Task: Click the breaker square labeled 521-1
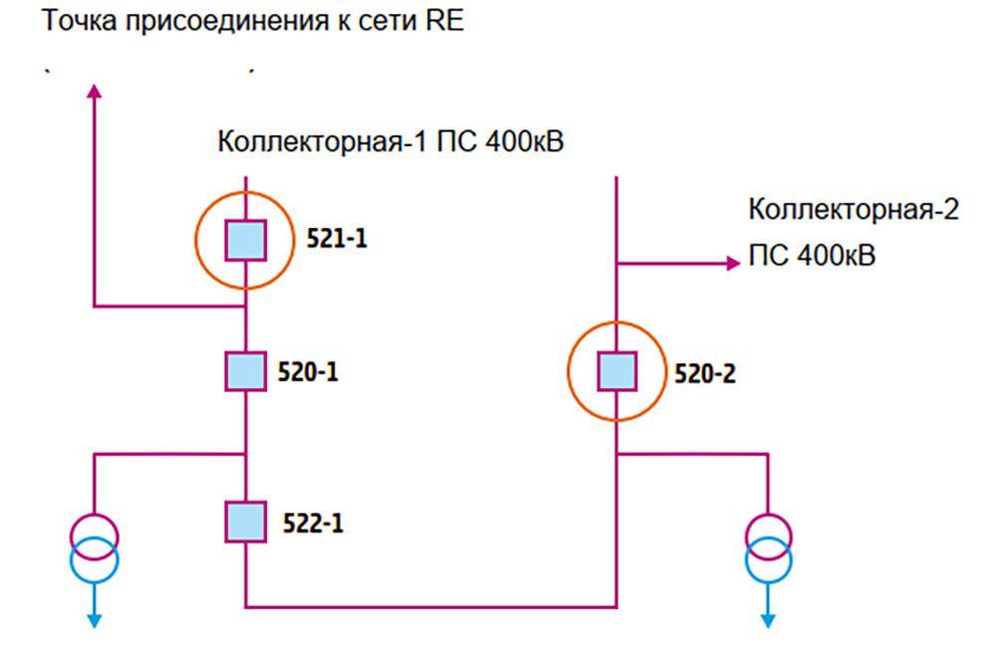[245, 239]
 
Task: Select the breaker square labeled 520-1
[245, 372]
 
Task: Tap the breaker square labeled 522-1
[245, 522]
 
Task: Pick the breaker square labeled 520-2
[617, 372]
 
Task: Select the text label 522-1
[308, 523]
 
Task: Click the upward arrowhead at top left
[95, 91]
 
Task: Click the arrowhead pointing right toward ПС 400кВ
[729, 264]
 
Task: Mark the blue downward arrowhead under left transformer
[95, 619]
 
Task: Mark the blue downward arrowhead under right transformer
[769, 619]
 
